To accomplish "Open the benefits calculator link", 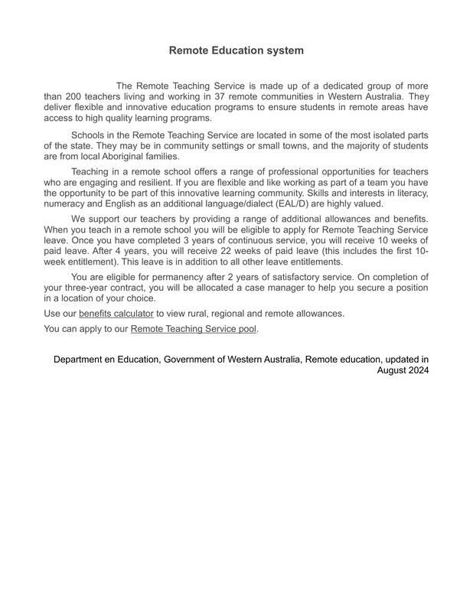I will [116, 313].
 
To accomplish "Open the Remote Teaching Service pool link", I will [194, 329].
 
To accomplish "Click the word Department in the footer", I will [82, 359].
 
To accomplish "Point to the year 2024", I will [416, 369].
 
